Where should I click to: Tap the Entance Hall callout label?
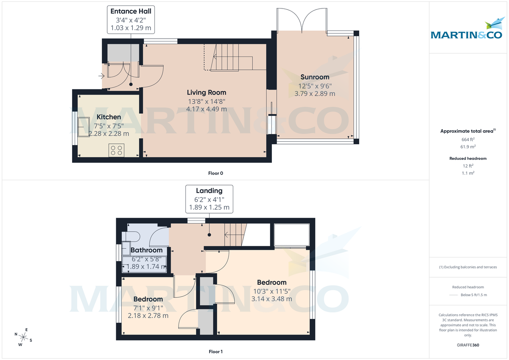pyautogui.click(x=131, y=20)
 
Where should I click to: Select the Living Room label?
pyautogui.click(x=207, y=92)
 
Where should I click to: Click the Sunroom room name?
pyautogui.click(x=315, y=77)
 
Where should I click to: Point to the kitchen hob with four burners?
pyautogui.click(x=116, y=150)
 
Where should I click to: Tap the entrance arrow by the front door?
pyautogui.click(x=101, y=76)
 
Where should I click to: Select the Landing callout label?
pyautogui.click(x=209, y=199)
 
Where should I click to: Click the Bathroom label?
pyautogui.click(x=146, y=250)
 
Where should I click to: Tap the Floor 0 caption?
pyautogui.click(x=215, y=173)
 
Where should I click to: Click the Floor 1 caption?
pyautogui.click(x=215, y=352)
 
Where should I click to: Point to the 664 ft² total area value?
pyautogui.click(x=468, y=139)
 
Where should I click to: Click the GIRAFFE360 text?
pyautogui.click(x=468, y=345)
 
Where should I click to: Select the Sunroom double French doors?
pyautogui.click(x=302, y=21)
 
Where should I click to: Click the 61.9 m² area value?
pyautogui.click(x=468, y=147)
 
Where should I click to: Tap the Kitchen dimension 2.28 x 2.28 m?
pyautogui.click(x=109, y=133)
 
